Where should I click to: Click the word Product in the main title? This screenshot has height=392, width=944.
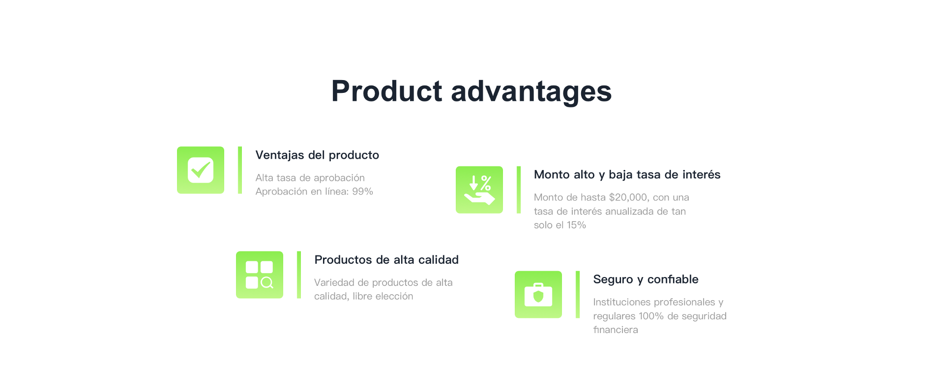tap(387, 91)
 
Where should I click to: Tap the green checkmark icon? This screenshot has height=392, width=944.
tap(201, 170)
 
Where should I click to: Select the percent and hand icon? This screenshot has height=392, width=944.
tap(479, 190)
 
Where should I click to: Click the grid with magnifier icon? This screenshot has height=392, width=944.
tap(260, 275)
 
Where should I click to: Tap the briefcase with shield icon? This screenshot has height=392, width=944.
tap(538, 294)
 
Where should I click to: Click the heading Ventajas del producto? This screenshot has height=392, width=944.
tap(317, 155)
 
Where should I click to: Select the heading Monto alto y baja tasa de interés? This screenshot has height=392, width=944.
tap(627, 175)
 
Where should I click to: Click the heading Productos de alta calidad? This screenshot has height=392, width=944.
tap(386, 260)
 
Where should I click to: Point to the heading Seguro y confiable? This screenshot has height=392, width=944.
tap(646, 280)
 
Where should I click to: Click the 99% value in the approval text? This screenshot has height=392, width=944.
tap(362, 192)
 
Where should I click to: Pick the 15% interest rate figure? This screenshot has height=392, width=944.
tap(576, 225)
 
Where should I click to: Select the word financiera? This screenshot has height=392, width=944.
tap(616, 330)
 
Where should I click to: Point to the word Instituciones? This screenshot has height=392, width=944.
tap(622, 302)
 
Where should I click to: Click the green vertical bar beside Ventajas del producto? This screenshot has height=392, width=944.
tap(240, 170)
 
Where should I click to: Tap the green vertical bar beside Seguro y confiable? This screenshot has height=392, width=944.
tap(578, 294)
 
